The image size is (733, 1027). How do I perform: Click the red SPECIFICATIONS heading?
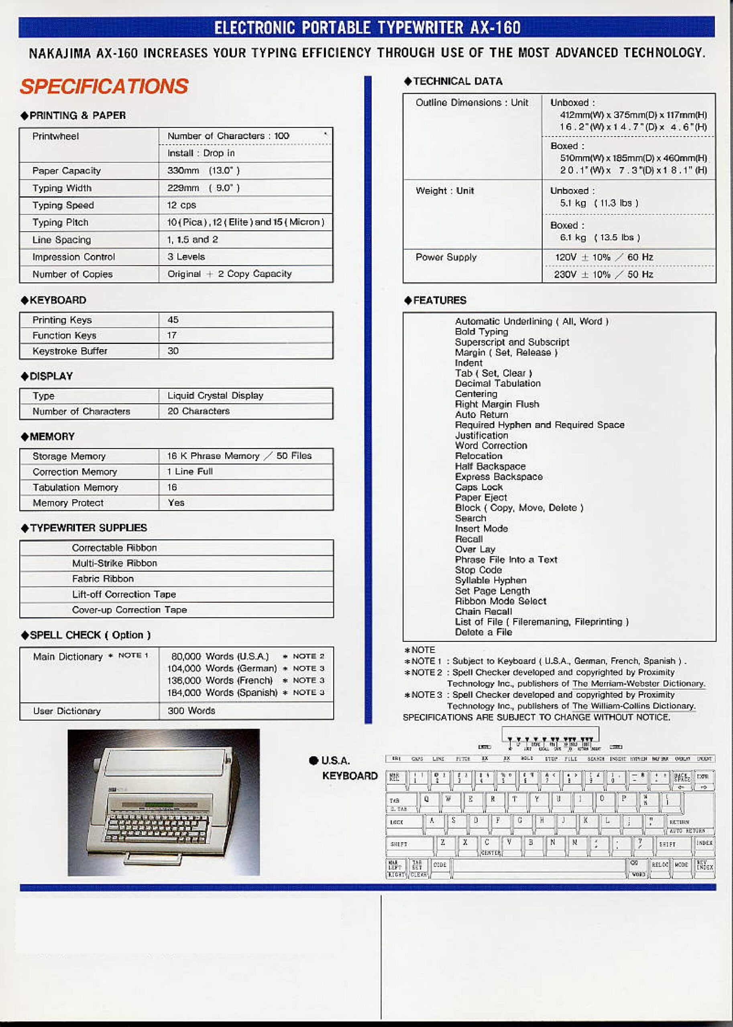104,86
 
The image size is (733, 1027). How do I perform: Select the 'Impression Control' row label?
73,257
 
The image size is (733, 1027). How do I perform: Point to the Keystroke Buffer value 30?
173,351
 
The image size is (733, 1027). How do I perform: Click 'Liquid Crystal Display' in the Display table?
215,396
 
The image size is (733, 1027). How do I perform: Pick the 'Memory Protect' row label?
68,503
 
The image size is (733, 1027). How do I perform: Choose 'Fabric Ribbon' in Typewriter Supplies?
103,578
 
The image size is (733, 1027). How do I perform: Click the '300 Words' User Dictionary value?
191,711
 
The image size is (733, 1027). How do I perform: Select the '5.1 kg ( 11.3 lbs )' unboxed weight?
599,203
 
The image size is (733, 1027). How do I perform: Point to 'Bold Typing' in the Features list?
481,331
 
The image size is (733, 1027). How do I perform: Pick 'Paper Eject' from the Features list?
481,497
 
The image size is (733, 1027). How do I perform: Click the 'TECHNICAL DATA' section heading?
457,81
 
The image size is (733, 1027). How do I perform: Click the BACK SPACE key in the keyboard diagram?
682,777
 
